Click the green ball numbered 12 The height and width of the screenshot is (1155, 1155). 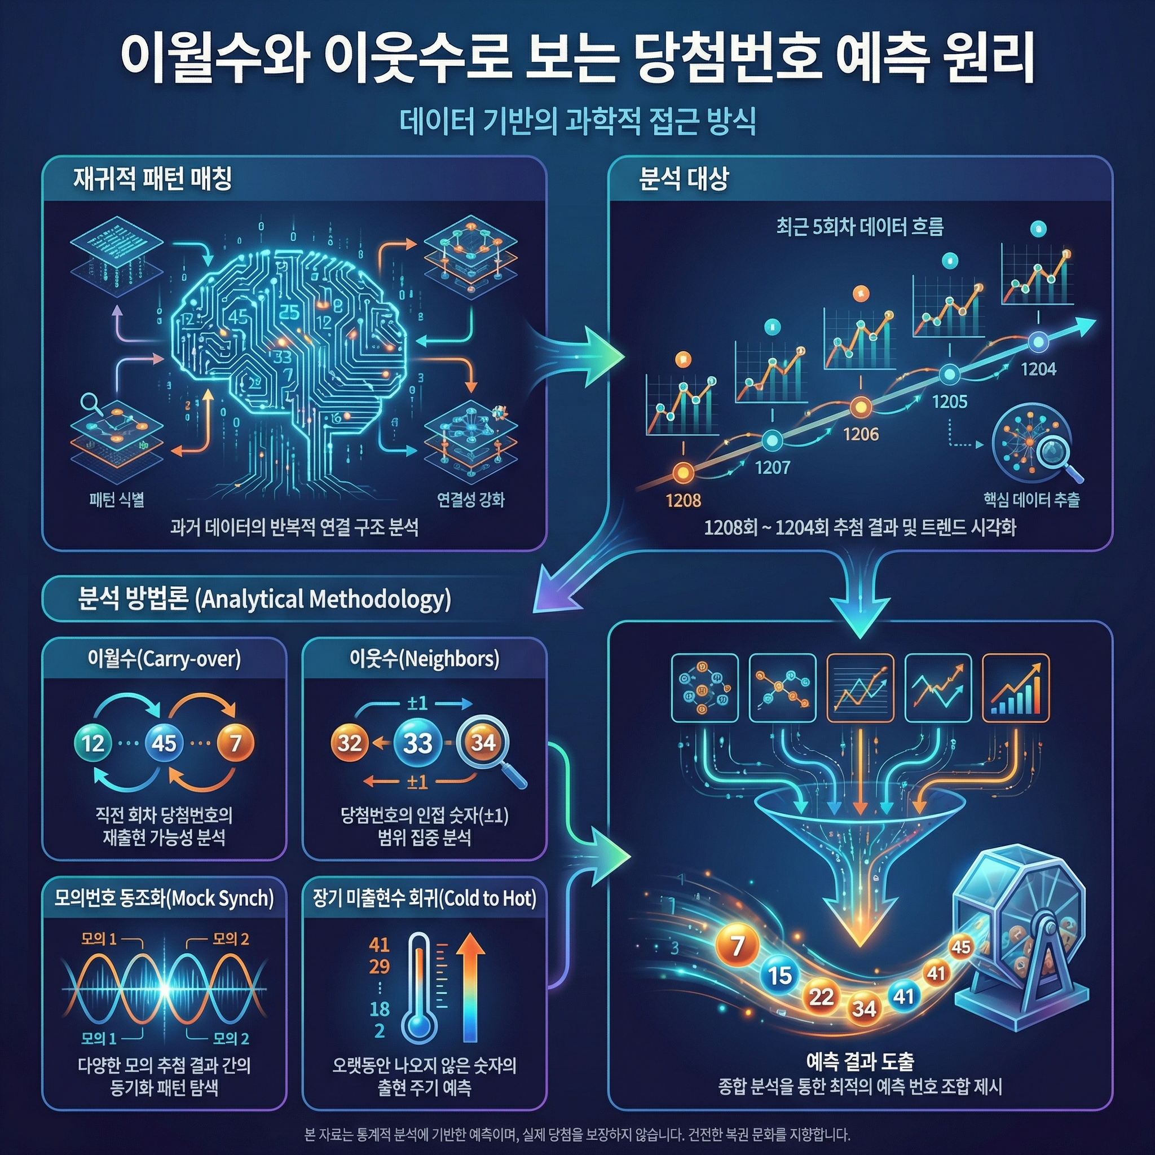pyautogui.click(x=93, y=743)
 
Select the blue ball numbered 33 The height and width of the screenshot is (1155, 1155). pyautogui.click(x=417, y=743)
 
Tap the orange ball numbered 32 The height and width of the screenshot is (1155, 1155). pyautogui.click(x=350, y=743)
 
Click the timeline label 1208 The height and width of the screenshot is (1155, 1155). pyautogui.click(x=684, y=500)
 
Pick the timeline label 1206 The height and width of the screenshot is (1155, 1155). pyautogui.click(x=861, y=434)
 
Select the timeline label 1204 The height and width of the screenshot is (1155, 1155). pyautogui.click(x=1038, y=369)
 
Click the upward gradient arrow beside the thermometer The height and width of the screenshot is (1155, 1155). pyautogui.click(x=470, y=986)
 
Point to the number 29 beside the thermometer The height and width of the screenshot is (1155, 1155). pyautogui.click(x=380, y=966)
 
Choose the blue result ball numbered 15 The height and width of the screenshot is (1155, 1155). pyautogui.click(x=779, y=976)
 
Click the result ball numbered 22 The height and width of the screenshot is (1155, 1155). pyautogui.click(x=821, y=997)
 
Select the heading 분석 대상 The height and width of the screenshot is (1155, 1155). pyautogui.click(x=684, y=179)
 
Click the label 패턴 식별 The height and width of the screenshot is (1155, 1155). pyautogui.click(x=117, y=499)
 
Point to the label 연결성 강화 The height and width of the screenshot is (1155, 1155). pyautogui.click(x=470, y=499)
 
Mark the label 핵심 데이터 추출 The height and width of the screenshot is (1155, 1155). pyautogui.click(x=1031, y=499)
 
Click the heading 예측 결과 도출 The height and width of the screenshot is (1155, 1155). pyautogui.click(x=859, y=1062)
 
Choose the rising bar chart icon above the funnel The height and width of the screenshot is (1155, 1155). pyautogui.click(x=1016, y=687)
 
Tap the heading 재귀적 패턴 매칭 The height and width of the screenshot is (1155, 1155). pyautogui.click(x=152, y=179)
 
